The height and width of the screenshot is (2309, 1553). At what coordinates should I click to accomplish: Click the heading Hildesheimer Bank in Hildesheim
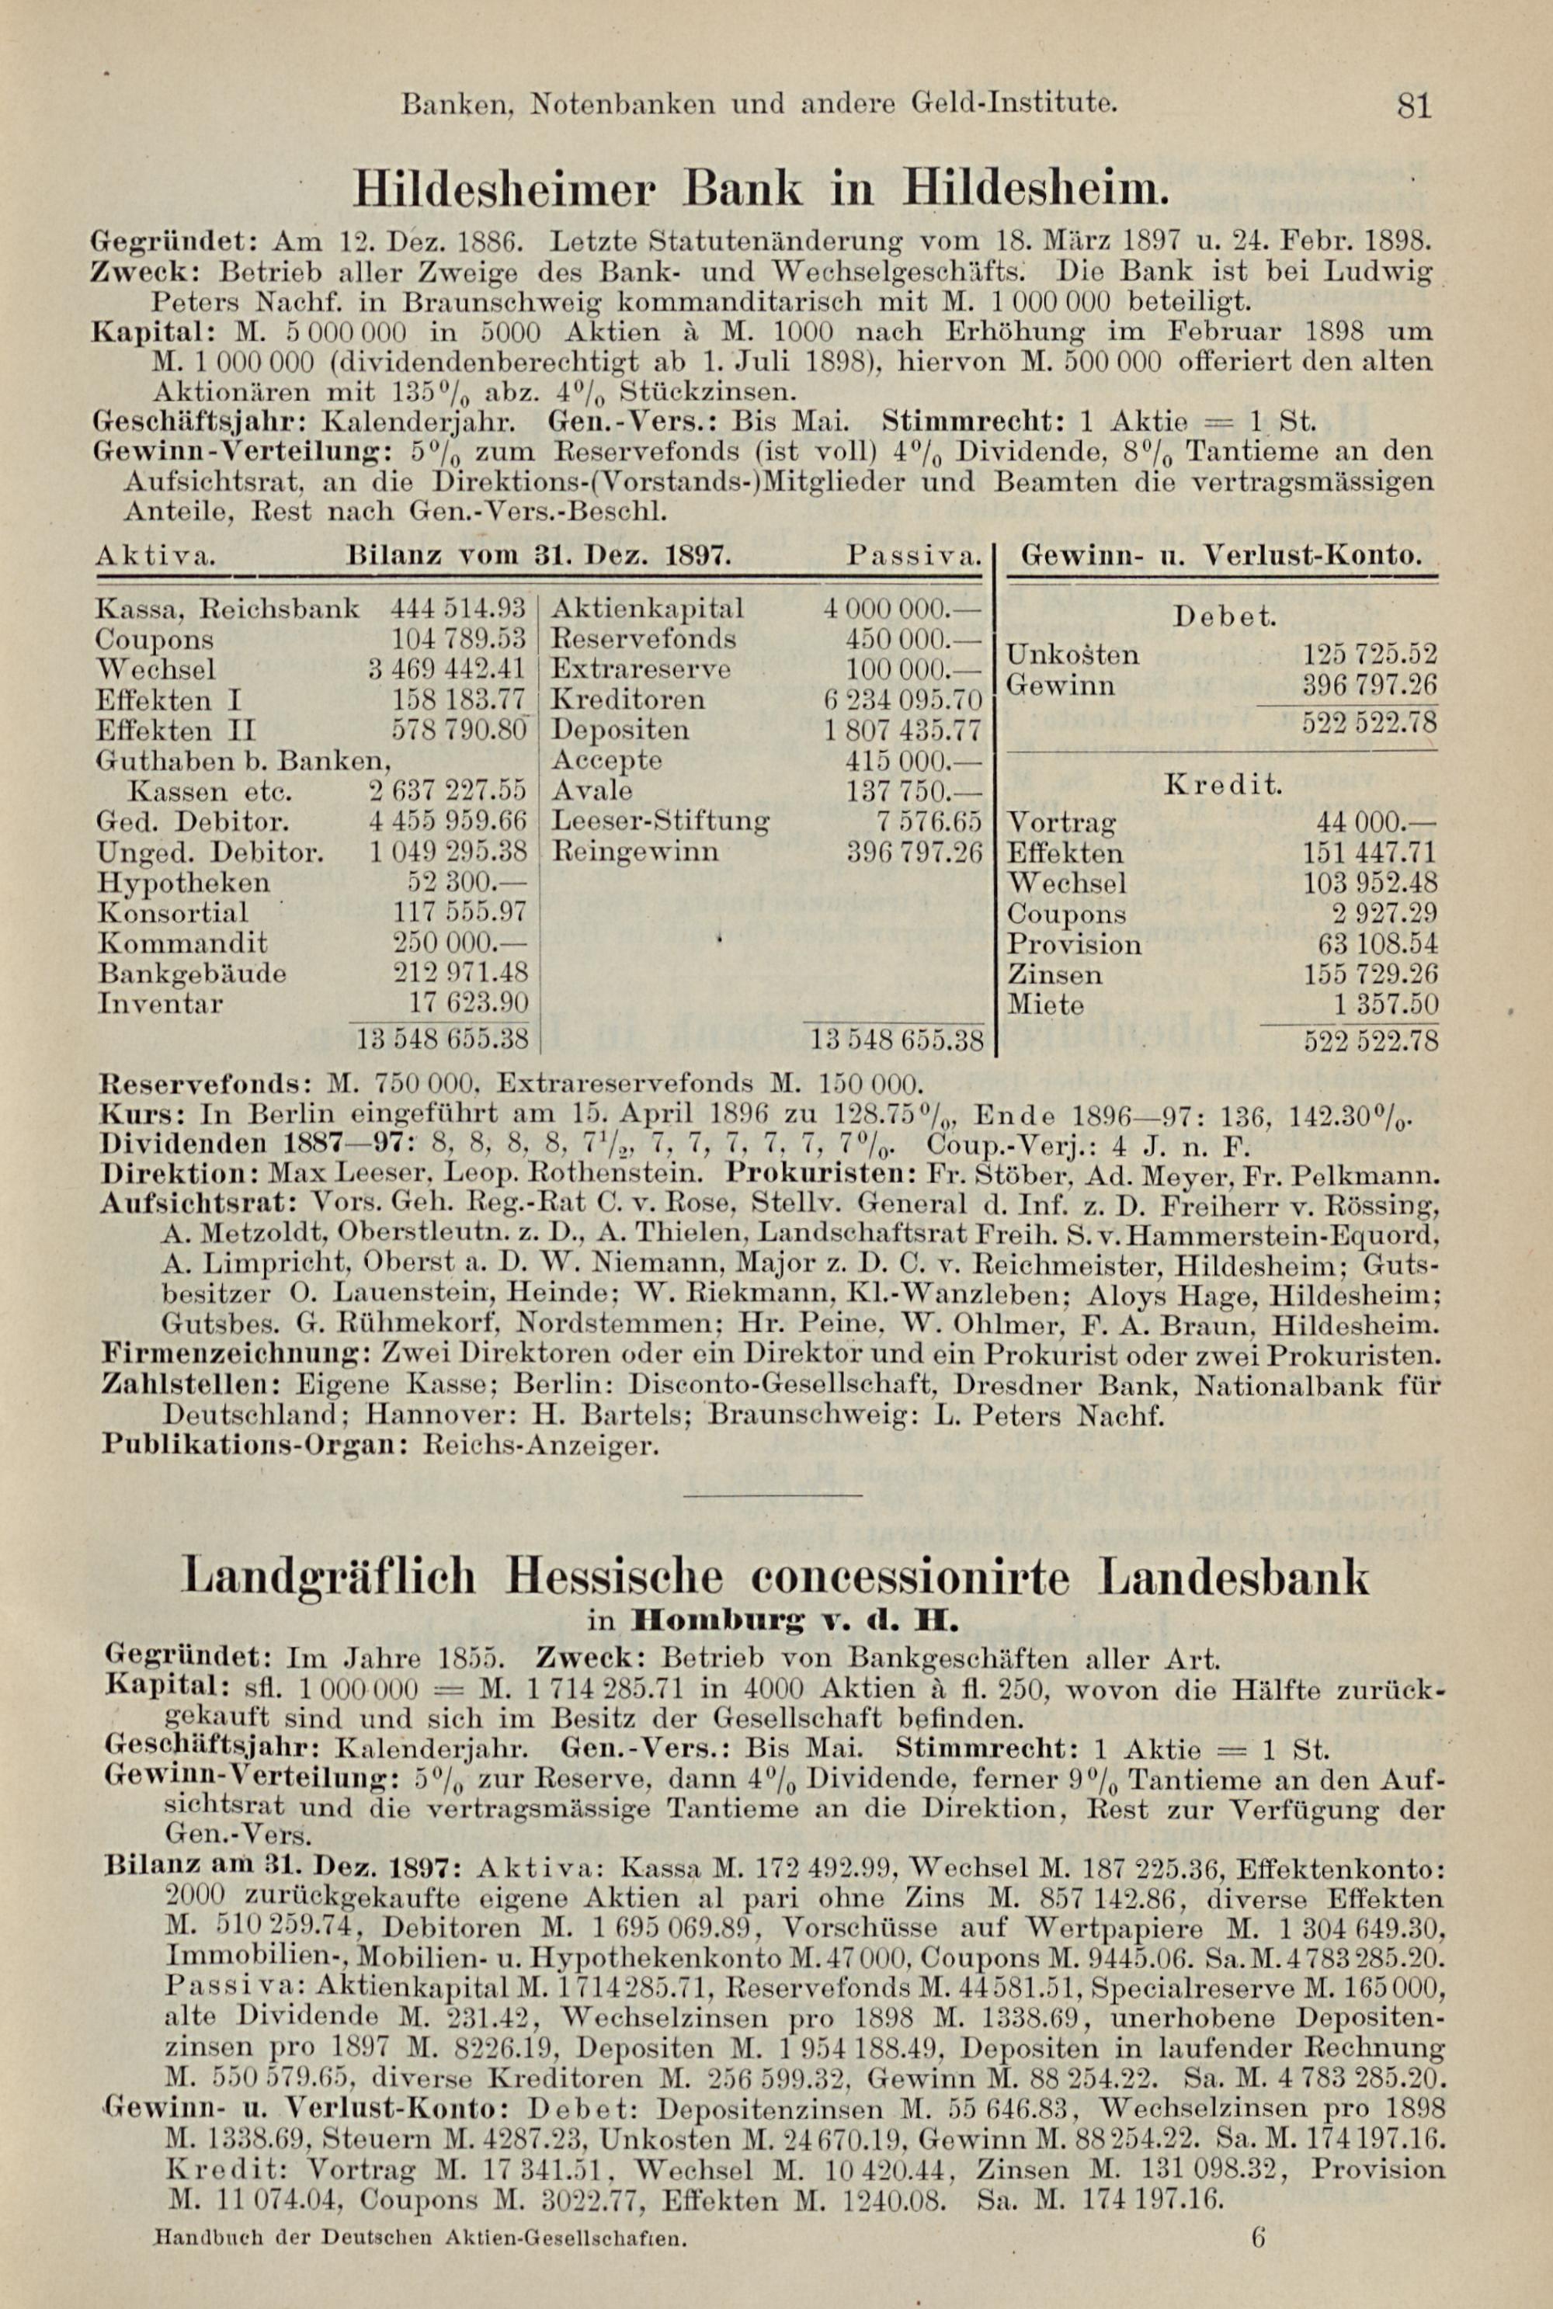click(x=759, y=186)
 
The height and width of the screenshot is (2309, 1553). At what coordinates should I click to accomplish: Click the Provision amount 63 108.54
click(x=1377, y=943)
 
